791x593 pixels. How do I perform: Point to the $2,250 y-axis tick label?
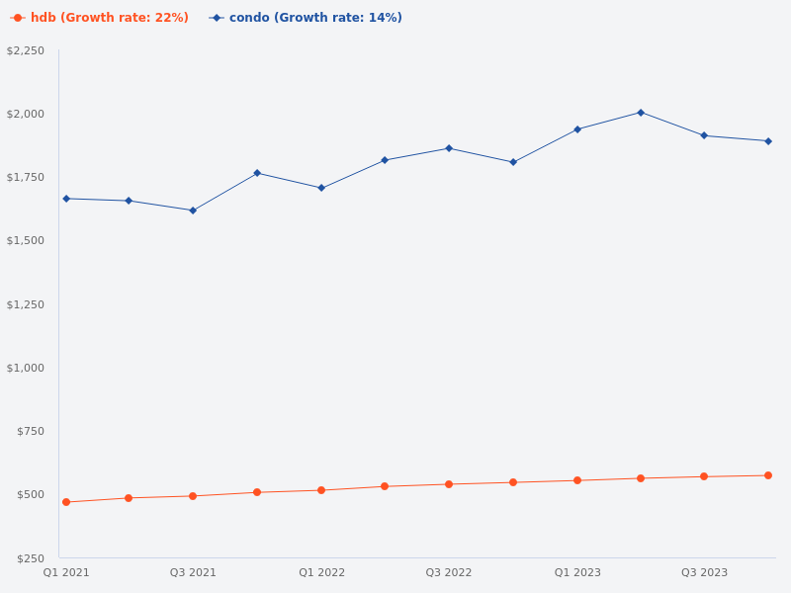point(26,50)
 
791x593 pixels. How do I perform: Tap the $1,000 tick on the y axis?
point(26,368)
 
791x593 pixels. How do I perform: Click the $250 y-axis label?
point(30,558)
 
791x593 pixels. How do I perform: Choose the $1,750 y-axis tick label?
point(26,177)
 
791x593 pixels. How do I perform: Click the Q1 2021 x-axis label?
point(66,573)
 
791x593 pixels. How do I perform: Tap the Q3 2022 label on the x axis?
point(449,573)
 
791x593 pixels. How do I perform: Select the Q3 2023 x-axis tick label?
point(704,573)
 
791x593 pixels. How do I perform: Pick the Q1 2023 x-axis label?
point(577,573)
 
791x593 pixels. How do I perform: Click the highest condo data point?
point(641,113)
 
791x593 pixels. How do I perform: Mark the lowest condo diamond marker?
point(193,211)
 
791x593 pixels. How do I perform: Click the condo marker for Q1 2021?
point(66,199)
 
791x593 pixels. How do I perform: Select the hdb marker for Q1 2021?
point(66,502)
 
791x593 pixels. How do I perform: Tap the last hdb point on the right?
point(768,475)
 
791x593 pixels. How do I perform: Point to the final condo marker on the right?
point(768,141)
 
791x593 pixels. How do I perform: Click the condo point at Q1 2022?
point(321,188)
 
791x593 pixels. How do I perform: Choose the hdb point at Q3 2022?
point(449,484)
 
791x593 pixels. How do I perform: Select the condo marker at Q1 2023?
point(577,129)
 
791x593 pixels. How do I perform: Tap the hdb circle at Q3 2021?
point(193,496)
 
